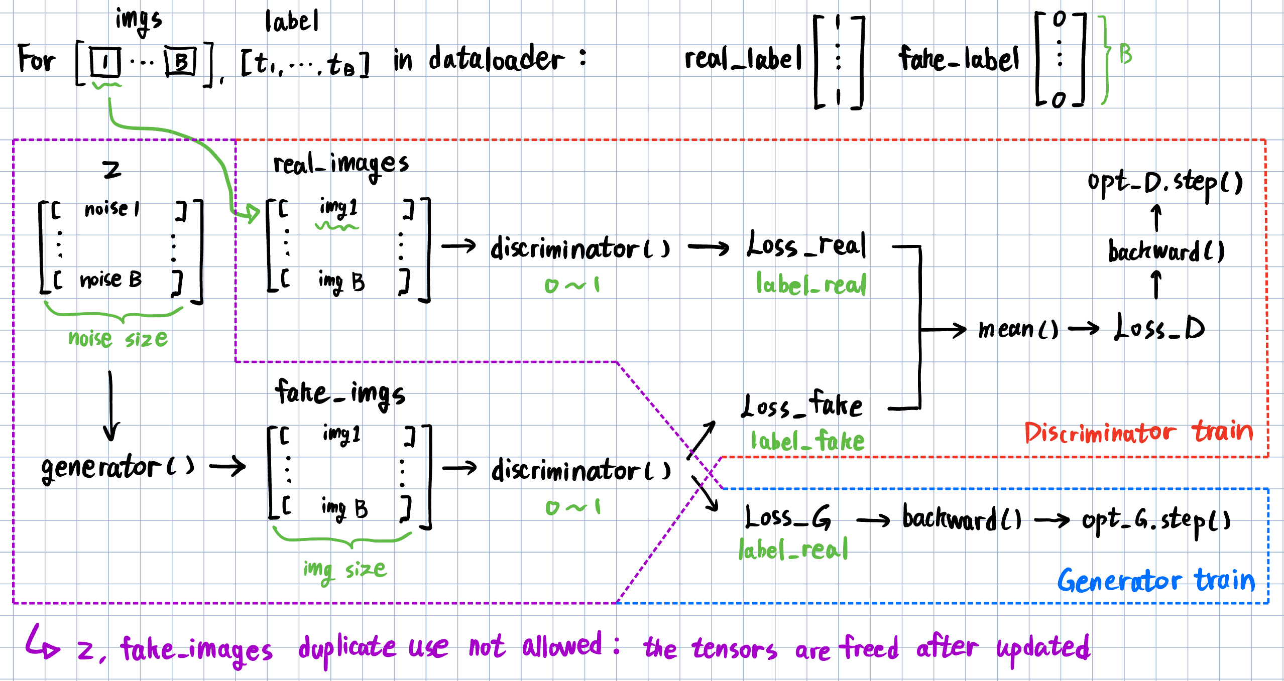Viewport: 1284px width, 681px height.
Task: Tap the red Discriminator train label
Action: click(x=1138, y=433)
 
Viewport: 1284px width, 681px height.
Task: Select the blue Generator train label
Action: click(x=1155, y=581)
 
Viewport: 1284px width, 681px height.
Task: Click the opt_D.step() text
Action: click(x=1164, y=184)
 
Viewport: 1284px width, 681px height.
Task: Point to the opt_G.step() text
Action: click(x=1155, y=521)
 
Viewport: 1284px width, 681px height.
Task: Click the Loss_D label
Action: click(x=1159, y=328)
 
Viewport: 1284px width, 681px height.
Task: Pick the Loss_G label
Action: click(x=787, y=518)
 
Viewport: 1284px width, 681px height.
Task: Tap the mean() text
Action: click(x=1018, y=330)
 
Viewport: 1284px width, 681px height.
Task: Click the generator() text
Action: click(x=118, y=468)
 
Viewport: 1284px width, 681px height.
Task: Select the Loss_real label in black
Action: click(x=806, y=246)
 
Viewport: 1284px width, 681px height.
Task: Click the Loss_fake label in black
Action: click(x=802, y=405)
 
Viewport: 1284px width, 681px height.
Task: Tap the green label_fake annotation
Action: click(x=807, y=442)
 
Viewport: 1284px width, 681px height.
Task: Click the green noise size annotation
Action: click(x=118, y=339)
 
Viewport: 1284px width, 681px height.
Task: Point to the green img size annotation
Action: click(x=344, y=570)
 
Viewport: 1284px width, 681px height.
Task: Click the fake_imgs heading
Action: click(x=340, y=394)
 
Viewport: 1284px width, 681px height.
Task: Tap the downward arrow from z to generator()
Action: click(x=110, y=406)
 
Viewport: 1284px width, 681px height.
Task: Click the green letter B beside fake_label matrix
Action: click(x=1125, y=54)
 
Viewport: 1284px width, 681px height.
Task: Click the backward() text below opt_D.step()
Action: click(x=1165, y=251)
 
